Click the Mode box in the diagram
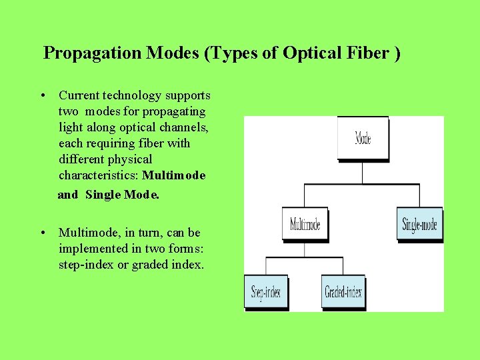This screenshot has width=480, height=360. (363, 138)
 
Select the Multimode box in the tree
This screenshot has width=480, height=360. (305, 225)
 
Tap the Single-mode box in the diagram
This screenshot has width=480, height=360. (419, 225)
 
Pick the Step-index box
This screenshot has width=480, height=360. (265, 291)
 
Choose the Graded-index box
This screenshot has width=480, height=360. (343, 291)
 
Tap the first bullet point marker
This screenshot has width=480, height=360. (42, 95)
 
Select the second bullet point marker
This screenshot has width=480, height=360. (42, 233)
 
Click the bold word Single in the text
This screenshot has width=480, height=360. (102, 195)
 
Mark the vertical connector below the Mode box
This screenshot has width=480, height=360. (362, 172)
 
